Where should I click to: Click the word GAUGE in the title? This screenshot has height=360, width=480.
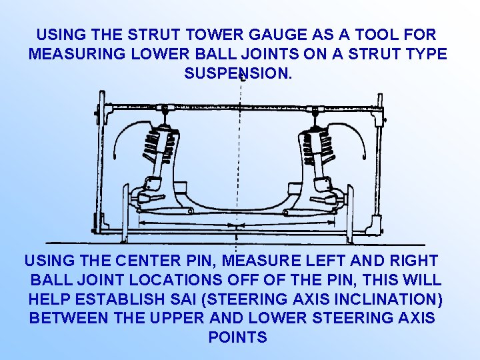pyautogui.click(x=277, y=34)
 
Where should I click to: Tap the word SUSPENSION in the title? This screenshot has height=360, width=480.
pyautogui.click(x=238, y=73)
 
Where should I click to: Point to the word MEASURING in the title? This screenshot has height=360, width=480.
pyautogui.click(x=77, y=54)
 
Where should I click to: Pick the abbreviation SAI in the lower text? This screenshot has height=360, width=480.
pyautogui.click(x=183, y=299)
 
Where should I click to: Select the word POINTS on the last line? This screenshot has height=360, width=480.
pyautogui.click(x=238, y=337)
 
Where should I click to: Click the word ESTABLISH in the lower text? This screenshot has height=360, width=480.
pyautogui.click(x=120, y=299)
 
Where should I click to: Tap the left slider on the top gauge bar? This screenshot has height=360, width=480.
pyautogui.click(x=165, y=108)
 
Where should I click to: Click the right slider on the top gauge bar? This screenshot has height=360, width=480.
pyautogui.click(x=315, y=109)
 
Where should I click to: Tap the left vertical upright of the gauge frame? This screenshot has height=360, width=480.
pyautogui.click(x=100, y=162)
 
